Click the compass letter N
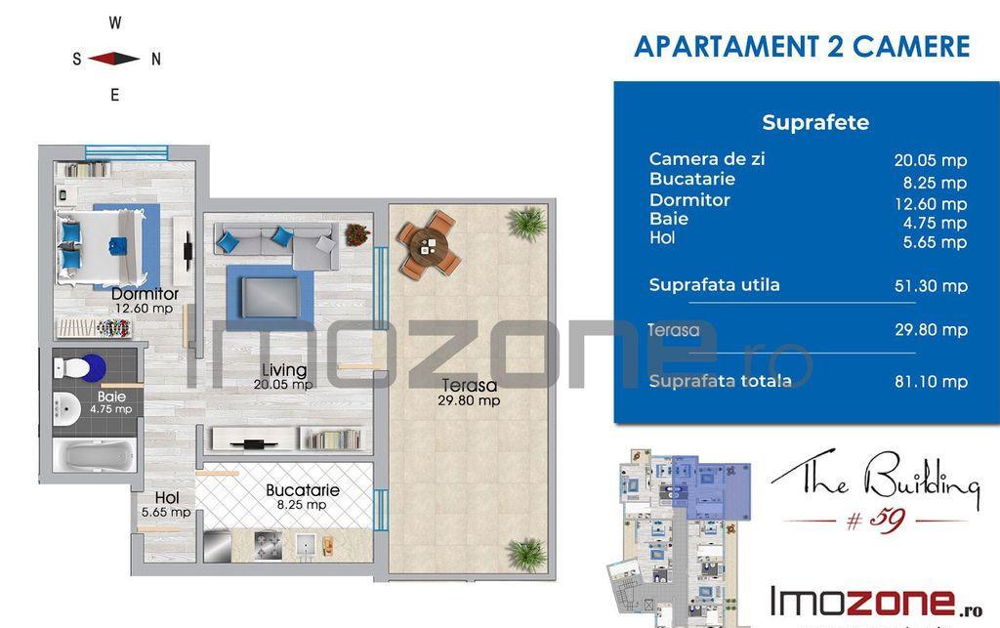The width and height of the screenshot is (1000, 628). coord(155,60)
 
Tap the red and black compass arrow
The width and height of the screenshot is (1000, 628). coord(113,59)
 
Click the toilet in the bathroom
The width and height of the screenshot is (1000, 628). coord(80,367)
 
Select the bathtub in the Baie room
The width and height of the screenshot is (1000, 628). coord(95,456)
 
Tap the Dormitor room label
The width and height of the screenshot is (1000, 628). coord(145,294)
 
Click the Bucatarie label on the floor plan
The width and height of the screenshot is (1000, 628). coord(303,490)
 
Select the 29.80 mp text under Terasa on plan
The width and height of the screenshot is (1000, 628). coord(469,400)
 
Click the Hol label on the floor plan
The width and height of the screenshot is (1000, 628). coord(166,498)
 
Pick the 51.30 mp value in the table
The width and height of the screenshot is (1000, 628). coord(931,286)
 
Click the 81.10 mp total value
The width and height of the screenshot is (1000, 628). coord(931,382)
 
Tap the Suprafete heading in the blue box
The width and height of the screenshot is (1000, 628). coord(815,122)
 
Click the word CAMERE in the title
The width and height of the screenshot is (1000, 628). coord(911,47)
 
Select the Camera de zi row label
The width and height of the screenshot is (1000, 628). coord(707,159)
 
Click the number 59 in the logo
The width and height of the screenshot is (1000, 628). coord(887,520)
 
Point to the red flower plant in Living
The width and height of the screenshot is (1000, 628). coord(357,234)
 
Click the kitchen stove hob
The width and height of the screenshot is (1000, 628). coord(268,546)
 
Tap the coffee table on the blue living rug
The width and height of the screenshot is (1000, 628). coord(270,297)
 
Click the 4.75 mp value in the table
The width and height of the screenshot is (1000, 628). coord(935,223)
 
